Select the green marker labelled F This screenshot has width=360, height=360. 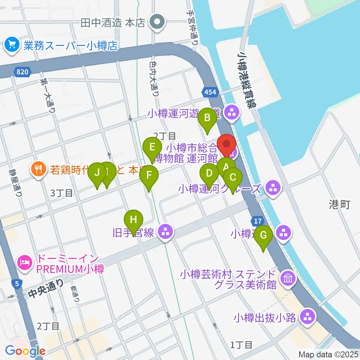149,175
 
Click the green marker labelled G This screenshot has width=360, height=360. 264,235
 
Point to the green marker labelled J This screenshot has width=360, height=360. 97,173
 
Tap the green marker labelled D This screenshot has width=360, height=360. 209,173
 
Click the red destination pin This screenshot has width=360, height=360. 226,144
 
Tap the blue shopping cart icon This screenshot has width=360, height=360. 12,46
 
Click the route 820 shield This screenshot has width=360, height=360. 22,72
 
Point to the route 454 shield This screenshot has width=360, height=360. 209,91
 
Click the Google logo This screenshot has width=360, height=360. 25,351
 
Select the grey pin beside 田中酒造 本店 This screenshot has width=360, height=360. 157,23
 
